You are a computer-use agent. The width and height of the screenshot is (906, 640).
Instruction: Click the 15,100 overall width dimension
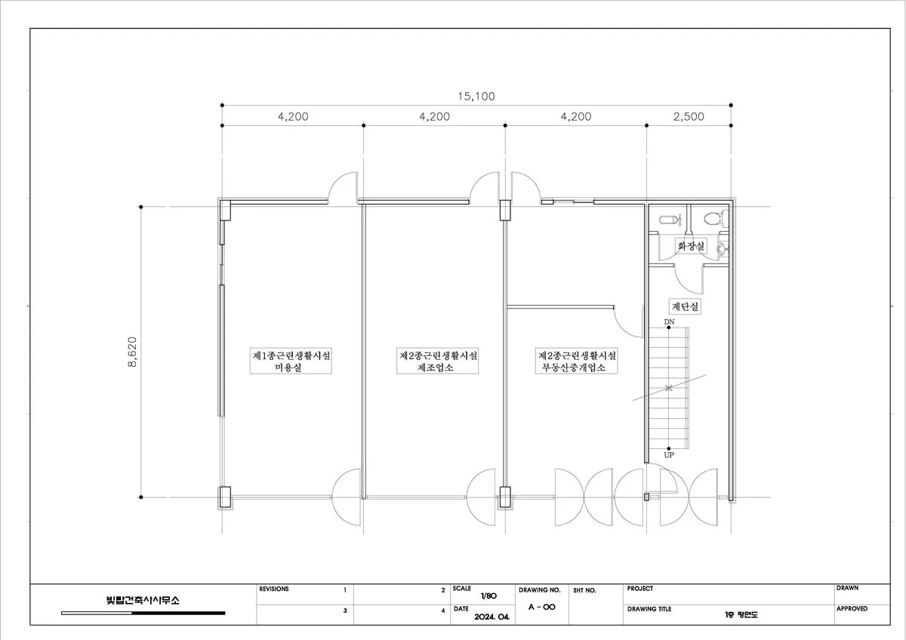[x=476, y=96]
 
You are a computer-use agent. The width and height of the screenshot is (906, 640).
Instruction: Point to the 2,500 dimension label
[x=689, y=116]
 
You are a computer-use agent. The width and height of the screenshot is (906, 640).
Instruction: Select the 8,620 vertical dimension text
[x=132, y=352]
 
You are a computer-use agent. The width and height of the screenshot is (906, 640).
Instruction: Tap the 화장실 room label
[x=692, y=245]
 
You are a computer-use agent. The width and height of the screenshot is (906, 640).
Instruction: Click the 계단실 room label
[x=686, y=306]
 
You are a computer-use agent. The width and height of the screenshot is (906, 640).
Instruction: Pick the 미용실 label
[x=288, y=368]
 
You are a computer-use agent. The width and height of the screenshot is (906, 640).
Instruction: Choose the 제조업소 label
[x=436, y=368]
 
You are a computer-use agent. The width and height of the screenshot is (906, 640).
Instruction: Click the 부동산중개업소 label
[x=574, y=368]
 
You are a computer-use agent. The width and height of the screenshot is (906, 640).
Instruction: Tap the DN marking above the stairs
[x=670, y=322]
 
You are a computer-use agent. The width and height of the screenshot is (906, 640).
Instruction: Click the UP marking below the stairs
[x=669, y=455]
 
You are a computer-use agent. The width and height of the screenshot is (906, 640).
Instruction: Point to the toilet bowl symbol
[x=716, y=219]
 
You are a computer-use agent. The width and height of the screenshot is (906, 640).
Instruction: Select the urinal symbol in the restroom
[x=670, y=220]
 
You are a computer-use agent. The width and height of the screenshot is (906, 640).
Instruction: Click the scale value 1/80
[x=488, y=596]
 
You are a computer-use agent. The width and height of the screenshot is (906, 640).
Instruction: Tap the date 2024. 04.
[x=492, y=617]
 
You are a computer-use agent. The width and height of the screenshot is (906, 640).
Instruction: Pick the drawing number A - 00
[x=542, y=607]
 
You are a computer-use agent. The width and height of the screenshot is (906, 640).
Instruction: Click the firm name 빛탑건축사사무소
[x=143, y=600]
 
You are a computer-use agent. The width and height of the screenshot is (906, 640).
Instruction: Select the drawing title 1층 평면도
[x=741, y=614]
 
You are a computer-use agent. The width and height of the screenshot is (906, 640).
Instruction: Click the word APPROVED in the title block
[x=852, y=608]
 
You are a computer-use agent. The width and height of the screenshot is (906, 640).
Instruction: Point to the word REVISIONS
[x=274, y=589]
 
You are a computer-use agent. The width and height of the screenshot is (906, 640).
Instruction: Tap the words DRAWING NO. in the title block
[x=540, y=590]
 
